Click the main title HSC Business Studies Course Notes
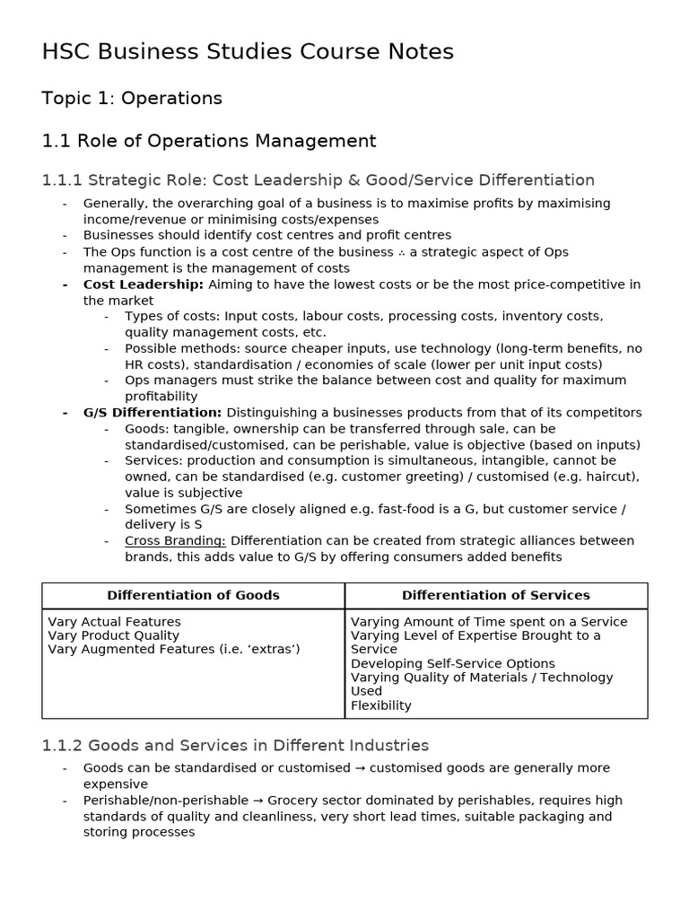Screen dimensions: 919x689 [248, 52]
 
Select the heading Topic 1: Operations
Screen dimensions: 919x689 [132, 98]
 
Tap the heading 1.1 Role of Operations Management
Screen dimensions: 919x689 [209, 141]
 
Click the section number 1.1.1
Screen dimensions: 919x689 [62, 180]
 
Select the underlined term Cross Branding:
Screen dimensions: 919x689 [175, 541]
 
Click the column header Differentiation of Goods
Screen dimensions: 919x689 [193, 595]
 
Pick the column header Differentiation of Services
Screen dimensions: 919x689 [495, 595]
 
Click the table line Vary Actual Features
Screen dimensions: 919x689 [114, 622]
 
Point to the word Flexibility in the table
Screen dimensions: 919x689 [380, 705]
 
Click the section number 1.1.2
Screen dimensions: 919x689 [62, 746]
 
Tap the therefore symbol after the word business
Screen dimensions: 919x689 [401, 252]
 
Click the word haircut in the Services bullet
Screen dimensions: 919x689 [613, 477]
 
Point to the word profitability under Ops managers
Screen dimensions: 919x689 [161, 397]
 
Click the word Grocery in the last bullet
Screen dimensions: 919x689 [292, 801]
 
